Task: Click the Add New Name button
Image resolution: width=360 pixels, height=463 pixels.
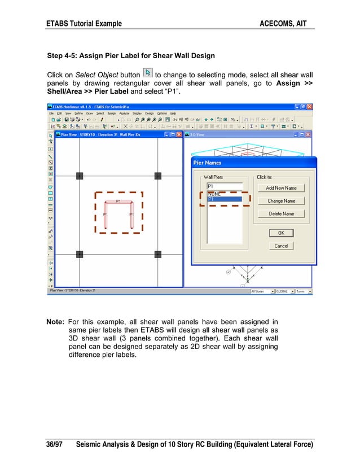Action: coord(281,187)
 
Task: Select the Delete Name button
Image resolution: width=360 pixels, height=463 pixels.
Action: coord(281,213)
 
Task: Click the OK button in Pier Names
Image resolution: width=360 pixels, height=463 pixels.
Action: coord(281,233)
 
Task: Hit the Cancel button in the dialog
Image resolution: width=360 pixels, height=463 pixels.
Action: coord(281,246)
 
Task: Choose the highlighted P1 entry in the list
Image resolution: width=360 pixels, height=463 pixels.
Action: coord(224,199)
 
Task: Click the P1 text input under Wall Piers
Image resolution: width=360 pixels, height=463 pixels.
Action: coord(224,186)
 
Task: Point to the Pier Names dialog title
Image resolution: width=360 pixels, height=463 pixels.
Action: coord(208,163)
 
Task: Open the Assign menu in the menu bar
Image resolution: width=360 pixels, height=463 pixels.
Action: coord(112,113)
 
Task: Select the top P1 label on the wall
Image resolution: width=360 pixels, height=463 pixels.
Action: coord(118,201)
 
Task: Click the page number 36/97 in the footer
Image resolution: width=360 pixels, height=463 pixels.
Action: coord(54,444)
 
